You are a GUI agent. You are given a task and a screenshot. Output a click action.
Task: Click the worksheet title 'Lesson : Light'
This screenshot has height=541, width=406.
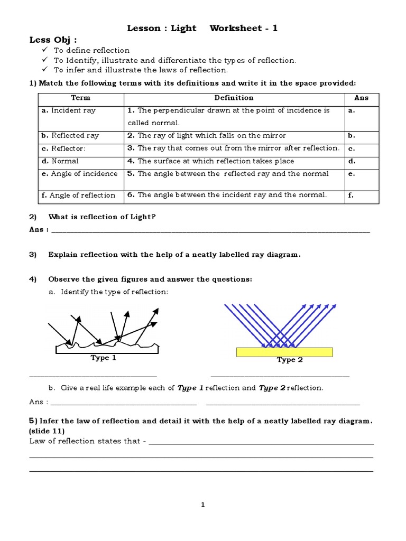tap(162, 29)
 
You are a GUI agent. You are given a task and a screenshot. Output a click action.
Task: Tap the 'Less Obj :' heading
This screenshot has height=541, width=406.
tap(53, 40)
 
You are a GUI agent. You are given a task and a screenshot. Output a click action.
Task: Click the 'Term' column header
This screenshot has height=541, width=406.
tap(80, 98)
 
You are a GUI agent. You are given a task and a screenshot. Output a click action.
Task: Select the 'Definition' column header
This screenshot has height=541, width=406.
tap(234, 98)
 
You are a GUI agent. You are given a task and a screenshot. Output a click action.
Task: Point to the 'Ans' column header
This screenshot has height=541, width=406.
tap(362, 98)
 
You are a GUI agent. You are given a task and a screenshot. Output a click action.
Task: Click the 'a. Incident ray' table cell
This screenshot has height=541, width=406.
tap(69, 110)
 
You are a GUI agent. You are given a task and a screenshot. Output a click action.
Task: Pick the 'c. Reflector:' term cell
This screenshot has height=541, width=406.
tap(63, 148)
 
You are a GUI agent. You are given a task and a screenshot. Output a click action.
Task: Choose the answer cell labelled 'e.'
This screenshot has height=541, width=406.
tap(352, 174)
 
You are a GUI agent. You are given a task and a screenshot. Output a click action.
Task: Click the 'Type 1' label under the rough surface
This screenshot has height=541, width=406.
tap(104, 358)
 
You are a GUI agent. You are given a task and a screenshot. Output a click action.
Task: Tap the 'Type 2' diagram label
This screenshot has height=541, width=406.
tap(290, 360)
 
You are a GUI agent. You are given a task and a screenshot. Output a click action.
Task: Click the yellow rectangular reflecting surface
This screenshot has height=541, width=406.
tap(284, 352)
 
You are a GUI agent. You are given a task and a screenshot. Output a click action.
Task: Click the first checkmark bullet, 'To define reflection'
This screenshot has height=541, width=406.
tap(45, 50)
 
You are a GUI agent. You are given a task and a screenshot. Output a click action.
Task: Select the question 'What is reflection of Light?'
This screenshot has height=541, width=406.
tap(102, 217)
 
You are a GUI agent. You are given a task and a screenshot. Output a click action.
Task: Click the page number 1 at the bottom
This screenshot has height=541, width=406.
tap(202, 505)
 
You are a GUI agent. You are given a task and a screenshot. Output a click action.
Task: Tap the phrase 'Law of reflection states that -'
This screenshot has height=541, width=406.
tap(88, 441)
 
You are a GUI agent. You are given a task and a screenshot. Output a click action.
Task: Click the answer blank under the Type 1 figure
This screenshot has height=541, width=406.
tap(93, 376)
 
